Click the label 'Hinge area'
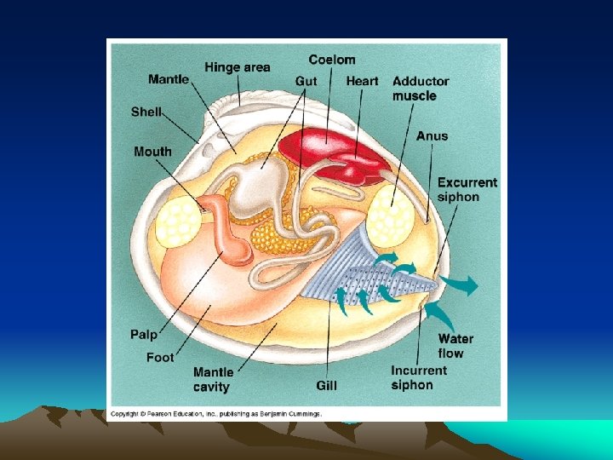coord(238,67)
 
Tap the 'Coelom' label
coord(331,60)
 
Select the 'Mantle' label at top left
coord(169,80)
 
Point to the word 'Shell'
coord(146,112)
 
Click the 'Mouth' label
coord(152,152)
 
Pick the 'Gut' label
coord(306,81)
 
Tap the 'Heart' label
coord(362,81)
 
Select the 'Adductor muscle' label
coord(421,89)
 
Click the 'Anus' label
coord(432,135)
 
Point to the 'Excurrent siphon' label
coord(467,189)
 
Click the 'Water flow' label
coord(455,346)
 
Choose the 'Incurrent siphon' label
coord(419,377)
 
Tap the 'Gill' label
coord(327,385)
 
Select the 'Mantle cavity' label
coord(213,379)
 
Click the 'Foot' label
coord(159,357)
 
